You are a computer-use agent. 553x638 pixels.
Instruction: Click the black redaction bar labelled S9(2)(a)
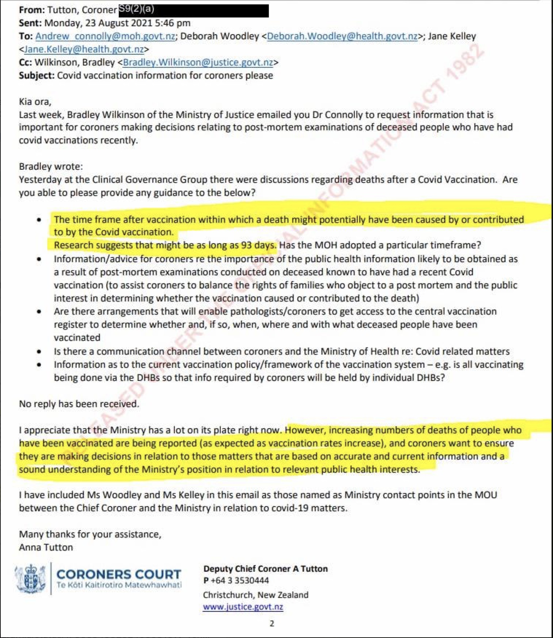click(193, 11)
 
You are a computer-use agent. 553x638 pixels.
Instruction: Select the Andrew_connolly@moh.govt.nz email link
click(105, 36)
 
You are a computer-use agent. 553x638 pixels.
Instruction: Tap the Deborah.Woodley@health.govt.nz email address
click(342, 36)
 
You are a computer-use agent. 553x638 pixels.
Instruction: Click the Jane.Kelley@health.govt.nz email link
click(84, 49)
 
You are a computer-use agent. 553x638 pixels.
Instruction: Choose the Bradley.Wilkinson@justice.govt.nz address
click(198, 62)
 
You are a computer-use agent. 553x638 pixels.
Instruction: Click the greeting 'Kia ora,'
click(35, 102)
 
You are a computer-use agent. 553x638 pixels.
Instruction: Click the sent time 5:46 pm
click(172, 23)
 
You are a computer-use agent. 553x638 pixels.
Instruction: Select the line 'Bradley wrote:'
click(51, 166)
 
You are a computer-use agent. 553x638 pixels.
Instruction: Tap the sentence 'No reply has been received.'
click(79, 404)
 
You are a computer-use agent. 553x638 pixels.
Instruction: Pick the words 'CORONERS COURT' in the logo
click(119, 574)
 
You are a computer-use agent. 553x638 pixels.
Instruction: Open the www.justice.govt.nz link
click(243, 607)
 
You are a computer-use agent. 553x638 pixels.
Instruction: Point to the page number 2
click(272, 623)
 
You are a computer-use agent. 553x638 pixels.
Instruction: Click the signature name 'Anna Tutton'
click(46, 547)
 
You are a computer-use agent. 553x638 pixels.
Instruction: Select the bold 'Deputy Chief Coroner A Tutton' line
click(266, 568)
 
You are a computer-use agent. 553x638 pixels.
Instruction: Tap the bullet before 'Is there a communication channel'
click(39, 352)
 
